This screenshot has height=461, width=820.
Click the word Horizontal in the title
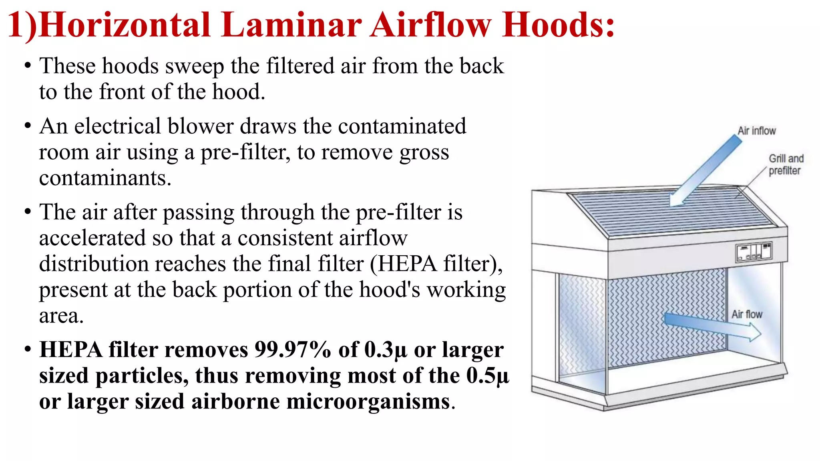(125, 25)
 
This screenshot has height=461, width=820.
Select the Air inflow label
(756, 131)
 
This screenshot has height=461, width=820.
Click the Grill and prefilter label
(786, 164)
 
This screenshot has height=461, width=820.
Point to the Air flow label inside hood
(747, 315)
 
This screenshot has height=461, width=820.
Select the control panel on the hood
(754, 252)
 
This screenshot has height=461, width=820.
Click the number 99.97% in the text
(293, 350)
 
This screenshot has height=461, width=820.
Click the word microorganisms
(368, 401)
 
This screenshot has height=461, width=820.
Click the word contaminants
(105, 178)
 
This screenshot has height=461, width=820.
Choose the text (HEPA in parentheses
(403, 264)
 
